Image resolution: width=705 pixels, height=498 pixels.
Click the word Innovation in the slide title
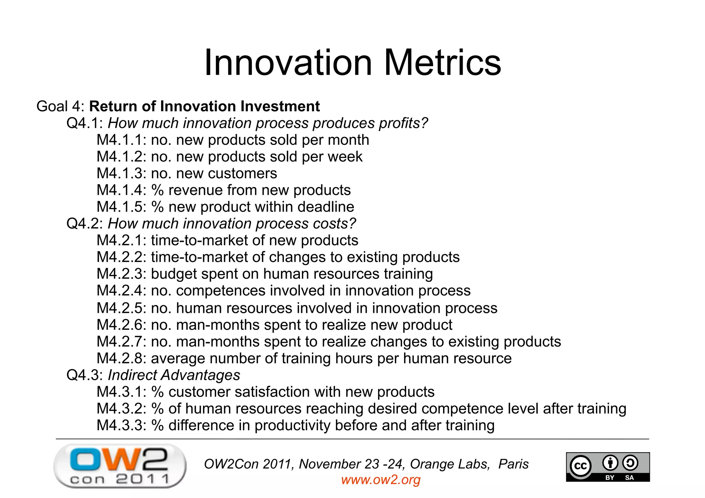coord(288,63)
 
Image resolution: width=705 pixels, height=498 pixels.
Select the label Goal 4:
coord(60,106)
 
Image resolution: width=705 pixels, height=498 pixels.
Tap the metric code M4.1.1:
coord(122,140)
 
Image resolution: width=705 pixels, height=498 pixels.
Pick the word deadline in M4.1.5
coord(326,207)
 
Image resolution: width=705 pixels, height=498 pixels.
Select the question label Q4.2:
coord(85,224)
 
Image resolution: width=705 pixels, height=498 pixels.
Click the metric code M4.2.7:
coord(122,342)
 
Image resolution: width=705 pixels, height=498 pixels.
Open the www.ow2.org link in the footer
coord(381,480)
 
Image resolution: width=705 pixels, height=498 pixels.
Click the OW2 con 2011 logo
coord(120,466)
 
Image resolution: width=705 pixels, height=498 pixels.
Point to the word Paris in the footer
coord(513,464)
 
